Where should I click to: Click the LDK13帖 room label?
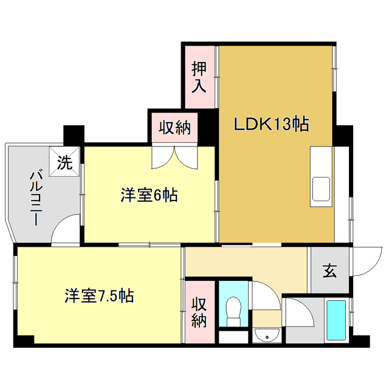point(272,125)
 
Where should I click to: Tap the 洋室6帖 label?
point(148,196)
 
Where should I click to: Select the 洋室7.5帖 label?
point(100,296)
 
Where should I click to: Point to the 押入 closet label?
point(199,77)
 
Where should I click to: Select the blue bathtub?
point(336,320)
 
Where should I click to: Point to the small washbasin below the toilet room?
point(265,336)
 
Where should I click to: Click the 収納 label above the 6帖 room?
point(175,128)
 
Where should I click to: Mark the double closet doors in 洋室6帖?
point(174,157)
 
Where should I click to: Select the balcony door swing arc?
point(64,231)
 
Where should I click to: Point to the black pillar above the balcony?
point(74,133)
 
